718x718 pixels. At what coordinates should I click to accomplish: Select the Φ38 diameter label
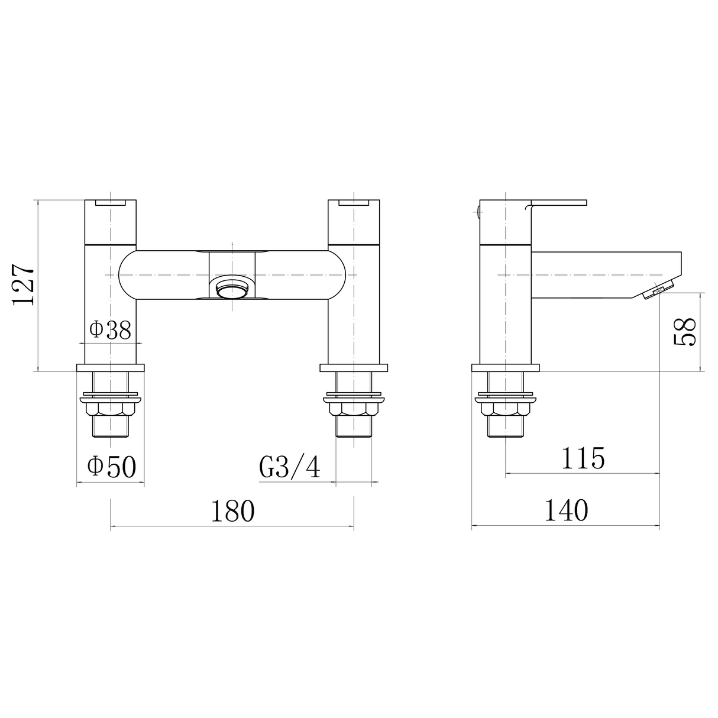tap(110, 330)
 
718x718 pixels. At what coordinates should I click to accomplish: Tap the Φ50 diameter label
tap(111, 467)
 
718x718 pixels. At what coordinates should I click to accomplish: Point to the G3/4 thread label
tap(290, 468)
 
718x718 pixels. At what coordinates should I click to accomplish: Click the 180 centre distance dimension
tap(232, 511)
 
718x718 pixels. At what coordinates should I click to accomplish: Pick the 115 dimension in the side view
tap(583, 458)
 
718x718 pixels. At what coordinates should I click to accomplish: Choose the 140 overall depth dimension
tap(566, 511)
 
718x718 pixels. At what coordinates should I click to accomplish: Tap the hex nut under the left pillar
tap(111, 409)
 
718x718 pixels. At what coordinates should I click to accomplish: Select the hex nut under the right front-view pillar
tap(353, 409)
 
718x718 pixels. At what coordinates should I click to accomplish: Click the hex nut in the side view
tap(506, 409)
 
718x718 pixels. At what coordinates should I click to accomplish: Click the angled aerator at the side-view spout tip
tap(658, 290)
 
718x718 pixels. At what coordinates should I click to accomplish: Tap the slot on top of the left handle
tap(111, 203)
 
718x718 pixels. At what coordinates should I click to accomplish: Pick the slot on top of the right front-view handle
tap(353, 203)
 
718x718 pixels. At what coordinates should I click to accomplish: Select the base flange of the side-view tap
tap(506, 368)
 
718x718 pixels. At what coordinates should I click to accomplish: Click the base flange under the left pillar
tap(111, 368)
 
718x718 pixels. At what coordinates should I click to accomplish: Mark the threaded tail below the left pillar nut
tap(111, 428)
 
